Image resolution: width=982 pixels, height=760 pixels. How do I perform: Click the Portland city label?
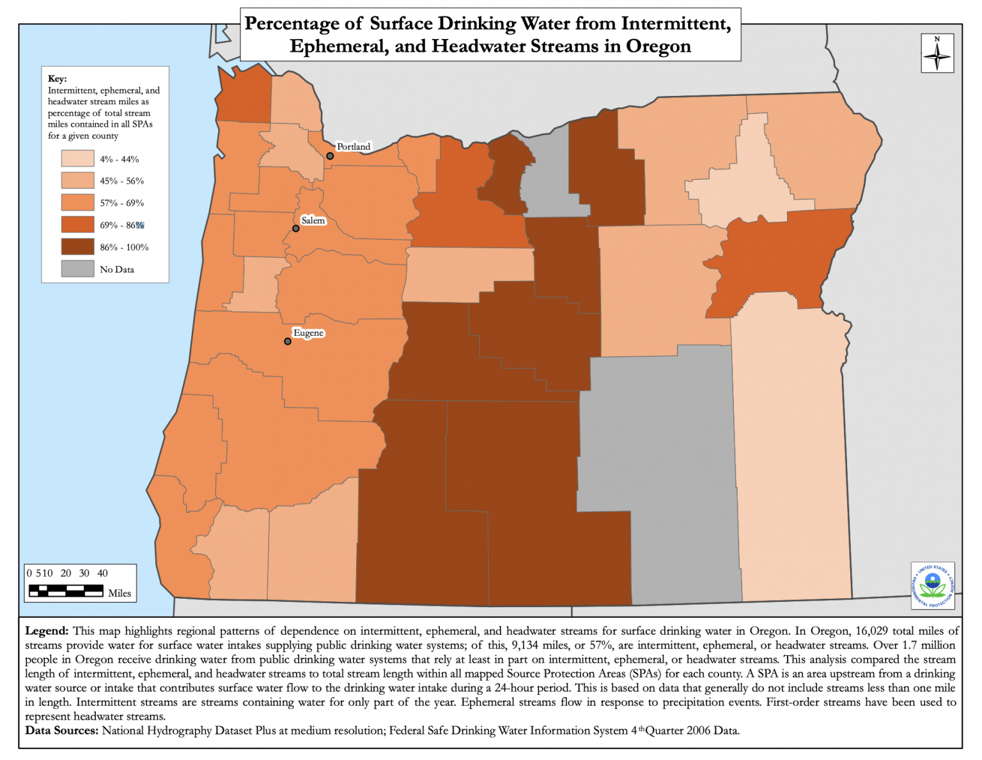[x=353, y=146]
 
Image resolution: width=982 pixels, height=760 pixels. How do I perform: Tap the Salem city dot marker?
[x=296, y=228]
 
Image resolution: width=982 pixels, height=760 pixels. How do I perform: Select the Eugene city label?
[x=308, y=333]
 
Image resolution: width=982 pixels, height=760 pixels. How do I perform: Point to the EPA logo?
[x=933, y=585]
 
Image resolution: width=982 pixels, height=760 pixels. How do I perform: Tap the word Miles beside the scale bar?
[x=120, y=593]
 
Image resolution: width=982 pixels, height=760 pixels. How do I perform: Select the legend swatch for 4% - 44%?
[x=77, y=159]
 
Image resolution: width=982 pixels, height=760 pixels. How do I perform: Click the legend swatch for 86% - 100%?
[x=77, y=247]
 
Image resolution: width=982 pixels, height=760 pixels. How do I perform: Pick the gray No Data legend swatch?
[x=77, y=269]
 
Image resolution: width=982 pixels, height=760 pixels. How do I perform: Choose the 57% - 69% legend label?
[x=121, y=203]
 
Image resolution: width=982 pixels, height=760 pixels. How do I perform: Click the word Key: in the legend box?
[x=57, y=79]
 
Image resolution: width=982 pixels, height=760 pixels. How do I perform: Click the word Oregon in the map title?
[x=658, y=46]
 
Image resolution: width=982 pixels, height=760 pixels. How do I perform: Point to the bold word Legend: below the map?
[x=47, y=631]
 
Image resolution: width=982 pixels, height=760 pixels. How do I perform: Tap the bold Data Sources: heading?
[x=62, y=730]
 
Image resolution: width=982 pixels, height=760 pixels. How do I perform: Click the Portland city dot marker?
[x=330, y=156]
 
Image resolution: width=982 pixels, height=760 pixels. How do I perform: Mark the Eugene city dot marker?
[x=288, y=341]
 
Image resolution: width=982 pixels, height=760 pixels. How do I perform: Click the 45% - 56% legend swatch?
[x=77, y=180]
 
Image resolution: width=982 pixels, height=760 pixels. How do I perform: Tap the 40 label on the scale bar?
[x=102, y=573]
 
